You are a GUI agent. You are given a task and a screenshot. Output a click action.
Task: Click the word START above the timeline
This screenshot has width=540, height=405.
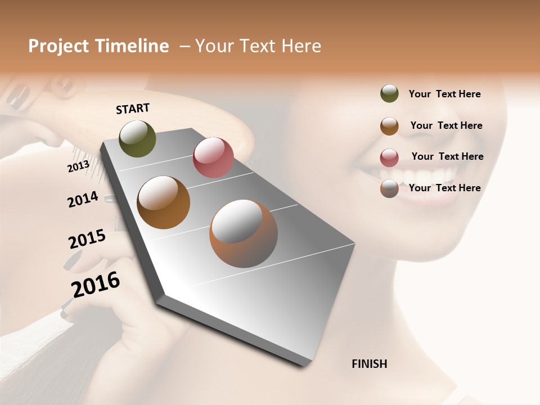coord(133,109)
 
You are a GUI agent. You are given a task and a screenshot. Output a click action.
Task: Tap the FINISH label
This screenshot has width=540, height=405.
coord(369,364)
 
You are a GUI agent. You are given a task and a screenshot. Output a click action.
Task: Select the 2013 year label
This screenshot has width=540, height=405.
coord(78,166)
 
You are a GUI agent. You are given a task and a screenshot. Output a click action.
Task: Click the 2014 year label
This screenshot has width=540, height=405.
coord(83,199)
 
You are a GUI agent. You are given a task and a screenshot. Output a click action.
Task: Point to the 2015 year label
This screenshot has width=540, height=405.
coord(87,239)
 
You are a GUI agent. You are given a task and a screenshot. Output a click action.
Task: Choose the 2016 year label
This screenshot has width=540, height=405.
coord(96,285)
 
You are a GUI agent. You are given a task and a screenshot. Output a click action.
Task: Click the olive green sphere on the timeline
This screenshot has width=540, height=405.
coord(137,138)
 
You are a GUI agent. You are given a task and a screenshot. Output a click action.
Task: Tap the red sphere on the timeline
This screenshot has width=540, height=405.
coord(213,157)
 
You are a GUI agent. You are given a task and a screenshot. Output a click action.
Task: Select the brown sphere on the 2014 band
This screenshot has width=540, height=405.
coord(163,202)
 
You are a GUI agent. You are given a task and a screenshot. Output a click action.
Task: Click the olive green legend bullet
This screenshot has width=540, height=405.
coord(389,93)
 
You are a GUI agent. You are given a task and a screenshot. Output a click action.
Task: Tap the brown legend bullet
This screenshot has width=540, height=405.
coord(389,125)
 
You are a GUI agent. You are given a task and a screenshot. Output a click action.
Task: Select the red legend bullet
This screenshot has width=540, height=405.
coord(389,157)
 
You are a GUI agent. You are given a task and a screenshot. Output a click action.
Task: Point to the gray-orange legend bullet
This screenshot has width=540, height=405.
coord(389,188)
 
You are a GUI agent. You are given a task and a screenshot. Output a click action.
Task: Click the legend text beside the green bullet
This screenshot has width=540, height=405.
coord(444,94)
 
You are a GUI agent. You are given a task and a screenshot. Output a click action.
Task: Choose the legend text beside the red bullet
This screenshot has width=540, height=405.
coord(447,156)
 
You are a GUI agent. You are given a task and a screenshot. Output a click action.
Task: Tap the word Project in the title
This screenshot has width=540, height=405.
coord(56,47)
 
